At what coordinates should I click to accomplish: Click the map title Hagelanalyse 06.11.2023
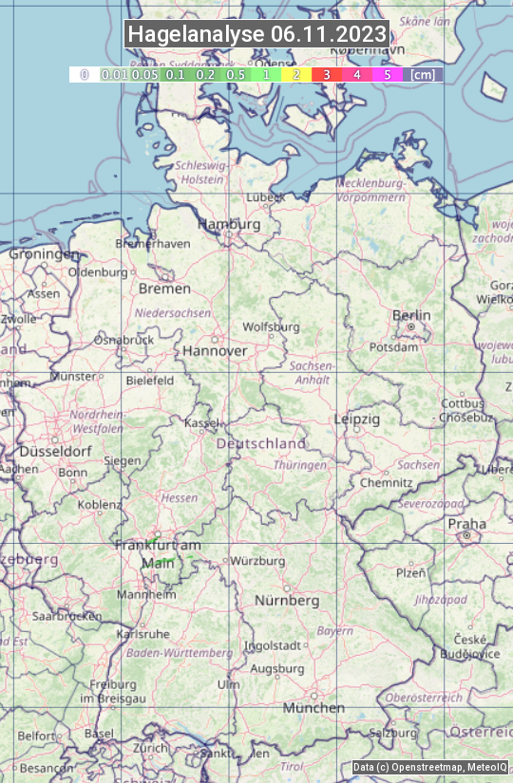point(256,34)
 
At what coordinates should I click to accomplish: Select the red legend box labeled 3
point(326,74)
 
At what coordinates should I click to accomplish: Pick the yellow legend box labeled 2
point(295,74)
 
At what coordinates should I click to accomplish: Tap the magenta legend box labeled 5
point(387,74)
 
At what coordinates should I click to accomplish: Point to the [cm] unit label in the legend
point(423,74)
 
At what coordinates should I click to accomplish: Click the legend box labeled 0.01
point(114,74)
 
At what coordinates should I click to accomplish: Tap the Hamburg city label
point(228,224)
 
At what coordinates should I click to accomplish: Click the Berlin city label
point(411,315)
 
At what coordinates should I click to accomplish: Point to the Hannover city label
point(215,350)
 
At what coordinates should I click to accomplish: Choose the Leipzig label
point(357,419)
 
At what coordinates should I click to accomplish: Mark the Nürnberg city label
point(287,601)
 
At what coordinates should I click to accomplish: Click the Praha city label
point(466,524)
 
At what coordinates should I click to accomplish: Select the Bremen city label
point(158,289)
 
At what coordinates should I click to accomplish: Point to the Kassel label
point(201,422)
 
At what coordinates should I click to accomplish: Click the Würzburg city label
point(257,561)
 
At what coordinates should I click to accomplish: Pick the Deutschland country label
point(261,443)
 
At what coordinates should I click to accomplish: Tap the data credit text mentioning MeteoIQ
point(429,767)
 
